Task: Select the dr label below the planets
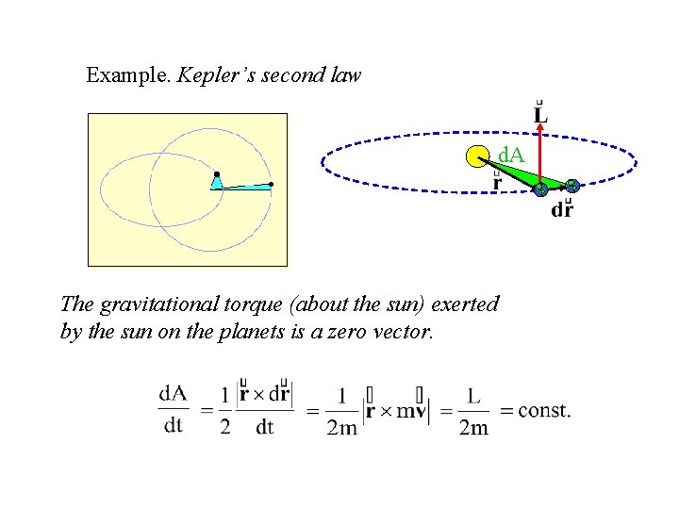click(x=561, y=210)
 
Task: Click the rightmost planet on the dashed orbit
click(x=571, y=187)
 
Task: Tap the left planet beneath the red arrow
click(x=540, y=189)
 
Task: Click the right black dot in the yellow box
click(x=271, y=184)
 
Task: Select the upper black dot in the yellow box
click(x=217, y=174)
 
